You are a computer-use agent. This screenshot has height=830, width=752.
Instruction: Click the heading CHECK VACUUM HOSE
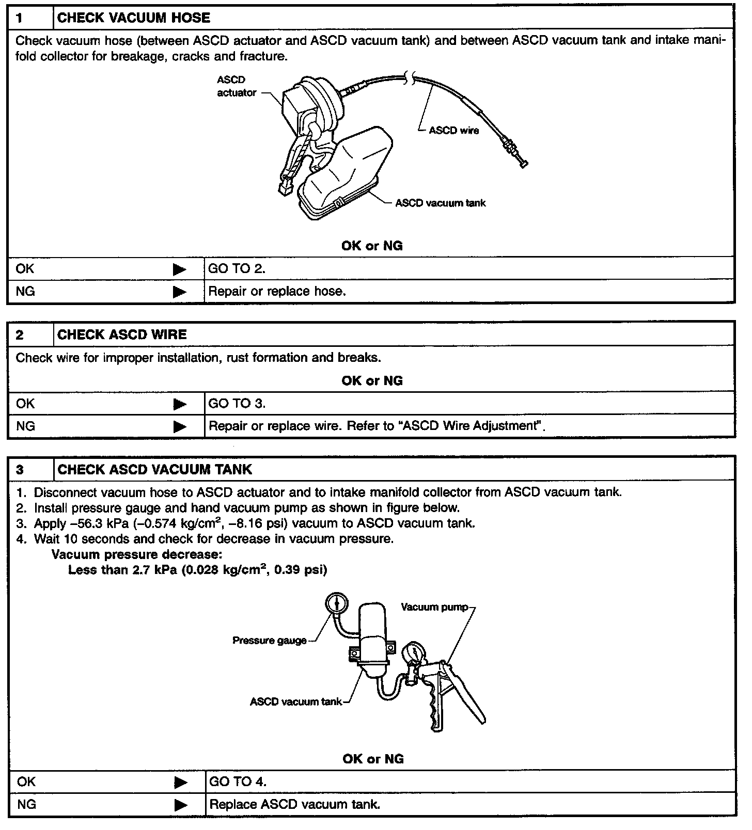133,18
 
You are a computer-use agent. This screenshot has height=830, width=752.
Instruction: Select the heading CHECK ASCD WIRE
122,335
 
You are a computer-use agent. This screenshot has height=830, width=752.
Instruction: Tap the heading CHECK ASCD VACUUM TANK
154,470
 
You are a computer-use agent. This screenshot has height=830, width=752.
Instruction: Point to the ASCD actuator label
237,86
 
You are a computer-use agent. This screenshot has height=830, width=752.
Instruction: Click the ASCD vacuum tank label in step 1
440,203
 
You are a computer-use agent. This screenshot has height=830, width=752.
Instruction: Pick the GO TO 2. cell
237,269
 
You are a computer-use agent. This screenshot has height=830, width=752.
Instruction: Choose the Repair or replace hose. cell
277,292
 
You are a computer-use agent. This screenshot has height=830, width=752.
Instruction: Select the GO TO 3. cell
237,404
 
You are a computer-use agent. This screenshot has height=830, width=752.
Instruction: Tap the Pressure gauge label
269,641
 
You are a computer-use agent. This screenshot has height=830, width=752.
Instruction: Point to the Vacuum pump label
434,607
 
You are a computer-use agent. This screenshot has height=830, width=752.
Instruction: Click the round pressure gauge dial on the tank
337,602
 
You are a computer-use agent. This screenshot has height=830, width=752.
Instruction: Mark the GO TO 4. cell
238,782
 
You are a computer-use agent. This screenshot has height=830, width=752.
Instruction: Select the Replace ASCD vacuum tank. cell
295,805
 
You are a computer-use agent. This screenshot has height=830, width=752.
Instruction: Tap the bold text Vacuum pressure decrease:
137,555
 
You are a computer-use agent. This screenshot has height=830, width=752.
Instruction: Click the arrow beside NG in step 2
179,427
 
